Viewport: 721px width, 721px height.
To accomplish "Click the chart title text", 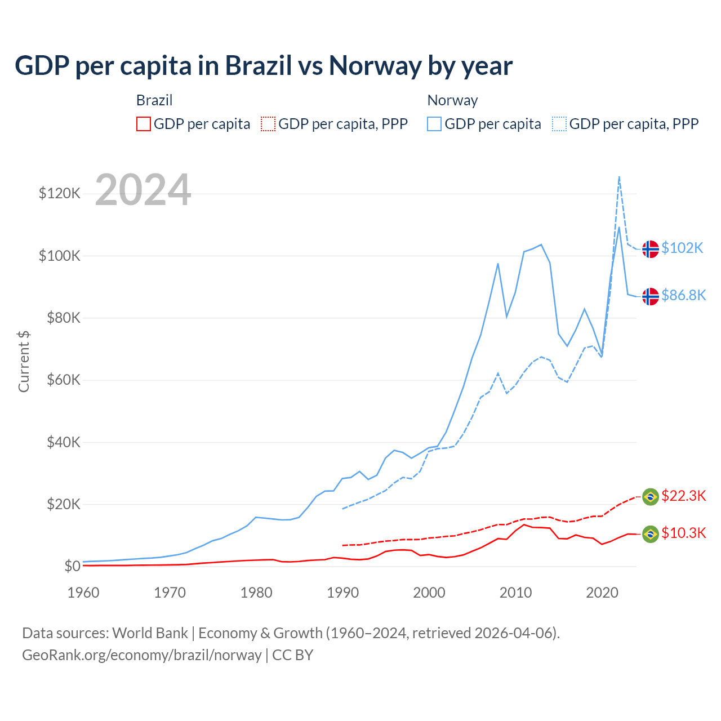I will click(264, 65).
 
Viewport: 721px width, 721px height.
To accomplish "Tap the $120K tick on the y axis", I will click(60, 194).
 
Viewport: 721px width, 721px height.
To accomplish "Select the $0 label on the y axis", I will click(72, 566).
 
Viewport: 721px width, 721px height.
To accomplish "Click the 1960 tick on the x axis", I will click(83, 593).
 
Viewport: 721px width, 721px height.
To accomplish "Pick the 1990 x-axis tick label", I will click(343, 593).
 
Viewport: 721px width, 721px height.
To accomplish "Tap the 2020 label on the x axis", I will click(602, 593).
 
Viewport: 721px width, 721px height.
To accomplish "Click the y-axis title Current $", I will click(24, 362).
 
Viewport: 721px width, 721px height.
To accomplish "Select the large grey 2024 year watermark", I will click(143, 190).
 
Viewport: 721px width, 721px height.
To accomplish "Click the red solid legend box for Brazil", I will click(144, 124).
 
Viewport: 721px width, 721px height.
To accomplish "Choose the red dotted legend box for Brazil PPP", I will click(268, 124).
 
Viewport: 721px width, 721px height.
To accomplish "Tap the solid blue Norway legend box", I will click(434, 124).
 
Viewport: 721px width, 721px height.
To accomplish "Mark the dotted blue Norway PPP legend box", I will click(559, 124).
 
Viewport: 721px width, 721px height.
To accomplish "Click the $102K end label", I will click(682, 248).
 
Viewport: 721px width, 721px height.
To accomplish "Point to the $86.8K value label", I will click(683, 296).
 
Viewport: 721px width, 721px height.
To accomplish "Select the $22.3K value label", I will click(683, 496).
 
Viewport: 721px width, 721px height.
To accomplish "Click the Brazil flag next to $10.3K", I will click(651, 534).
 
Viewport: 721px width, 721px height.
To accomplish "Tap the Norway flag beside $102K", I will click(651, 249).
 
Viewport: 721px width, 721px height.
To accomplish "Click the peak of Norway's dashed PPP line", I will click(619, 177).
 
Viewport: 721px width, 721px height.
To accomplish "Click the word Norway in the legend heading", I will click(452, 100).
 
